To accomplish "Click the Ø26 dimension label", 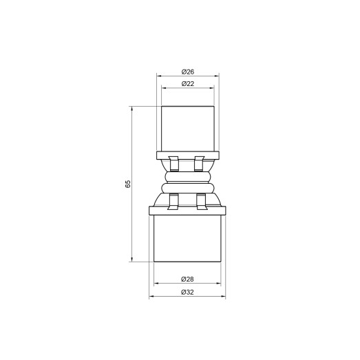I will click(187, 72).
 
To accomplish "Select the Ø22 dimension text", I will click(187, 83).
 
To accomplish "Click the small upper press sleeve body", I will click(187, 128).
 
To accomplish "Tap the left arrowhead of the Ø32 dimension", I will click(151, 297).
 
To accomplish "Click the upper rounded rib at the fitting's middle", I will click(187, 177).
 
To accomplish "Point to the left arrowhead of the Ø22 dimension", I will click(163, 88).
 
